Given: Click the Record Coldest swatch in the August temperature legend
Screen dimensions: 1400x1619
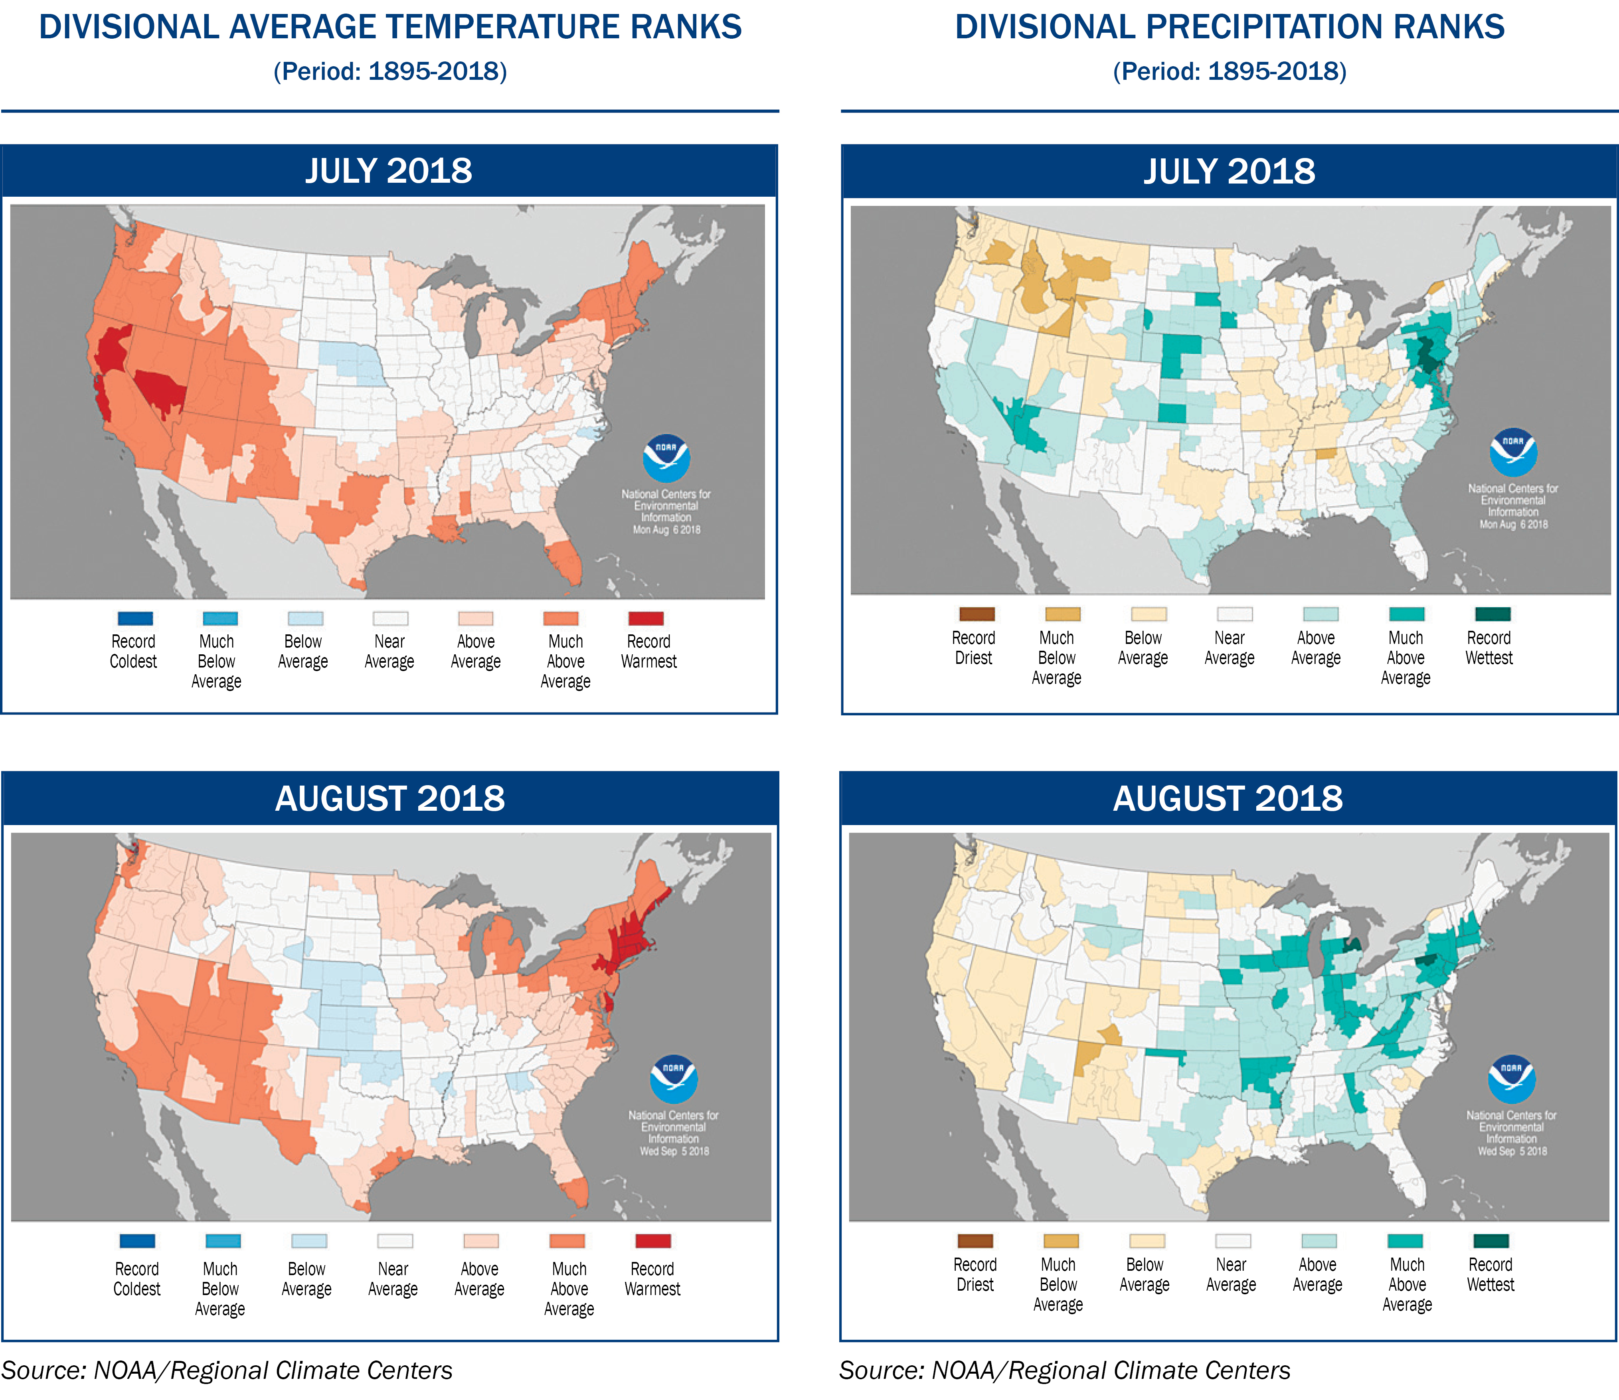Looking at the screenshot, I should tap(138, 1241).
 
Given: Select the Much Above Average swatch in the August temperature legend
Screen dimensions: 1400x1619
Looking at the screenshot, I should tap(567, 1241).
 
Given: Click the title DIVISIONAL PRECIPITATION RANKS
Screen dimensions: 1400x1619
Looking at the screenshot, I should tap(1229, 28).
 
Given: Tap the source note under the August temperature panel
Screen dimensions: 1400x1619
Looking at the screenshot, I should tap(227, 1370).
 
